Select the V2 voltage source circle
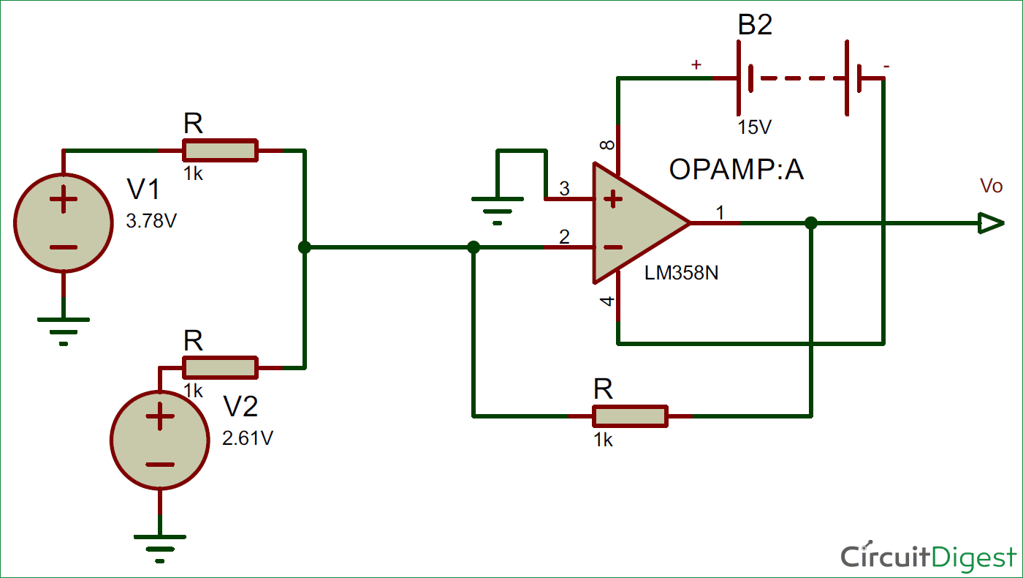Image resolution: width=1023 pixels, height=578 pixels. click(159, 440)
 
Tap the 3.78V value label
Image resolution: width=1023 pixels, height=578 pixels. click(151, 220)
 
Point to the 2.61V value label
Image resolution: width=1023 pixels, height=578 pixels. click(248, 438)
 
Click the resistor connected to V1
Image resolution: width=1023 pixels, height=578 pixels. click(220, 150)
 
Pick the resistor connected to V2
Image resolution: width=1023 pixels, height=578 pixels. click(220, 367)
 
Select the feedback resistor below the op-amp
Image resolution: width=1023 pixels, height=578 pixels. click(630, 416)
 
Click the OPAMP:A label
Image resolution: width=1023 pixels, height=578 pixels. click(736, 170)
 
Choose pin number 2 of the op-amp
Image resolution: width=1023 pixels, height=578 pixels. click(564, 237)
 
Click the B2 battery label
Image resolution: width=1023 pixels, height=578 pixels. click(755, 26)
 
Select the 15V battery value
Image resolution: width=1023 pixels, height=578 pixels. click(755, 127)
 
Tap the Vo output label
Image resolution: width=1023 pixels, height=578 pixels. click(991, 187)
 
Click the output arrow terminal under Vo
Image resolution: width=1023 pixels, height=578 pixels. click(992, 223)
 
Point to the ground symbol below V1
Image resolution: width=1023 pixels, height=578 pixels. click(64, 328)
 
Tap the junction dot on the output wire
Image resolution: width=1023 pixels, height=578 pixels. click(810, 223)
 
